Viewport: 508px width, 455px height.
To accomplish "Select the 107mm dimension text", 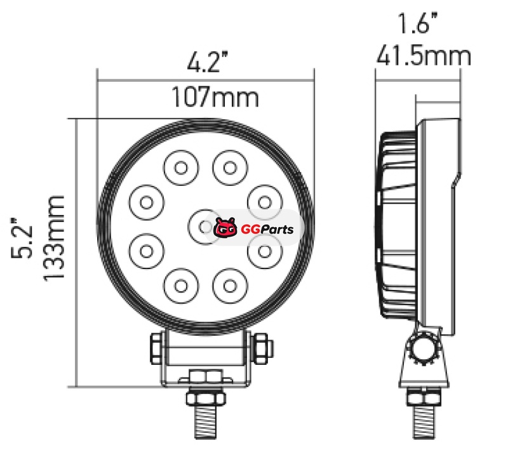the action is coord(215,96).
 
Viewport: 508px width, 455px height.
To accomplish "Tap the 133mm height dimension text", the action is coord(54,238).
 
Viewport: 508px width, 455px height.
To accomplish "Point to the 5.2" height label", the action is coord(22,238).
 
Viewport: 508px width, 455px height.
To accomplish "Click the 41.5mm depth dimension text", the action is coord(424,56).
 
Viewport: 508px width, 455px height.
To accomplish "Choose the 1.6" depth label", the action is coord(418,23).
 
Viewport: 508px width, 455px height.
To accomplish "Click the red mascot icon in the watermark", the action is coord(225,228).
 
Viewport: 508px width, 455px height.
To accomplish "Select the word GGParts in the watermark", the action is coord(267,230).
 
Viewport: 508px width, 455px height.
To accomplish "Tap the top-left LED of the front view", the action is coord(181,168).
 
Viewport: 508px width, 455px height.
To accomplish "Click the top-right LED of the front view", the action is coord(230,168).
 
